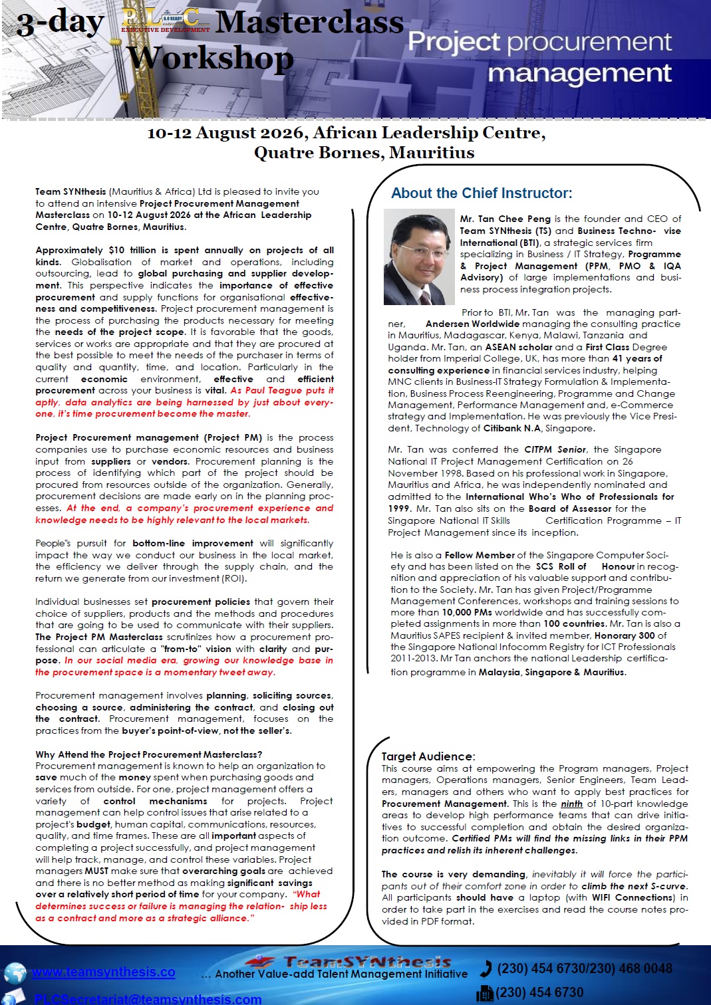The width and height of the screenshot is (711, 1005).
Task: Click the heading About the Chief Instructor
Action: click(482, 193)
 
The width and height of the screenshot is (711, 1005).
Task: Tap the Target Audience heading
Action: click(428, 756)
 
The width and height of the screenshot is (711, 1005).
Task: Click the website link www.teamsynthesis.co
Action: click(104, 972)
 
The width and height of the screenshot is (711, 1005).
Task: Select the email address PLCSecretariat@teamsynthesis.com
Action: click(148, 998)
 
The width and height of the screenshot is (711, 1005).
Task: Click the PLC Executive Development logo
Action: click(166, 20)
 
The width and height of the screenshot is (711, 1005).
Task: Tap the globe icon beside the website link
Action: click(15, 973)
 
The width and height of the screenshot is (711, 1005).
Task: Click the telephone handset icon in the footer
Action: click(486, 968)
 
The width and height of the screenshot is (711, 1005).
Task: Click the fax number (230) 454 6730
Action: click(539, 992)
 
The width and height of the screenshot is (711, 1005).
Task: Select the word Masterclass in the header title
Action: click(310, 23)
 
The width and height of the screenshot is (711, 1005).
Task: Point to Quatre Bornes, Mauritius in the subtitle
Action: click(364, 153)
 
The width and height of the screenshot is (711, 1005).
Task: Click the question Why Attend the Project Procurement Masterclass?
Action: click(149, 754)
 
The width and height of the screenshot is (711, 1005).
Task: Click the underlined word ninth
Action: click(571, 804)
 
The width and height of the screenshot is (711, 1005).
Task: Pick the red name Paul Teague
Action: click(264, 391)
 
